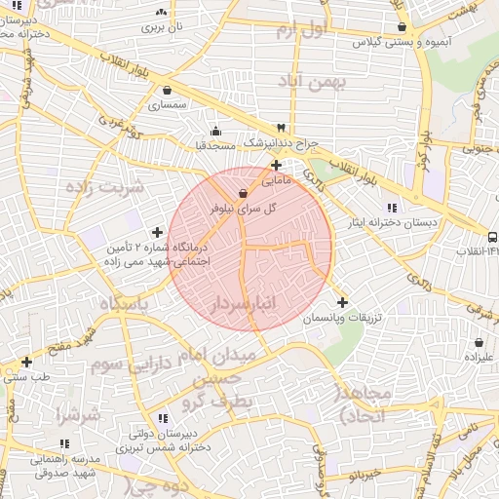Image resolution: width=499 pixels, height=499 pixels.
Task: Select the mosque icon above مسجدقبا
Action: pyautogui.click(x=214, y=130)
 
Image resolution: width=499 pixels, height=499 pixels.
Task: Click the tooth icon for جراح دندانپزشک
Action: pyautogui.click(x=281, y=128)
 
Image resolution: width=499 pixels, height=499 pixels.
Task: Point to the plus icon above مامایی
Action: pyautogui.click(x=276, y=166)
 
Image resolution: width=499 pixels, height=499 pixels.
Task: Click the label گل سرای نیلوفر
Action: pyautogui.click(x=243, y=208)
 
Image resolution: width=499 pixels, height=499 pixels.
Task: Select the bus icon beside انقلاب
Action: pyautogui.click(x=491, y=237)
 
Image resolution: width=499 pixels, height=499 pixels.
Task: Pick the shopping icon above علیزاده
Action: pyautogui.click(x=480, y=343)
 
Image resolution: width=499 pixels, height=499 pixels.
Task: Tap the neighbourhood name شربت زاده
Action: pyautogui.click(x=109, y=185)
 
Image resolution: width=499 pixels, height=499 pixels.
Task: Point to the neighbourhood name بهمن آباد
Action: pyautogui.click(x=312, y=82)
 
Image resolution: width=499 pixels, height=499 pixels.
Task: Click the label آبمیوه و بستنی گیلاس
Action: pyautogui.click(x=401, y=43)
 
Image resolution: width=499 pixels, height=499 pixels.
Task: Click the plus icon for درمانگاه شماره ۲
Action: pyautogui.click(x=158, y=232)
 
